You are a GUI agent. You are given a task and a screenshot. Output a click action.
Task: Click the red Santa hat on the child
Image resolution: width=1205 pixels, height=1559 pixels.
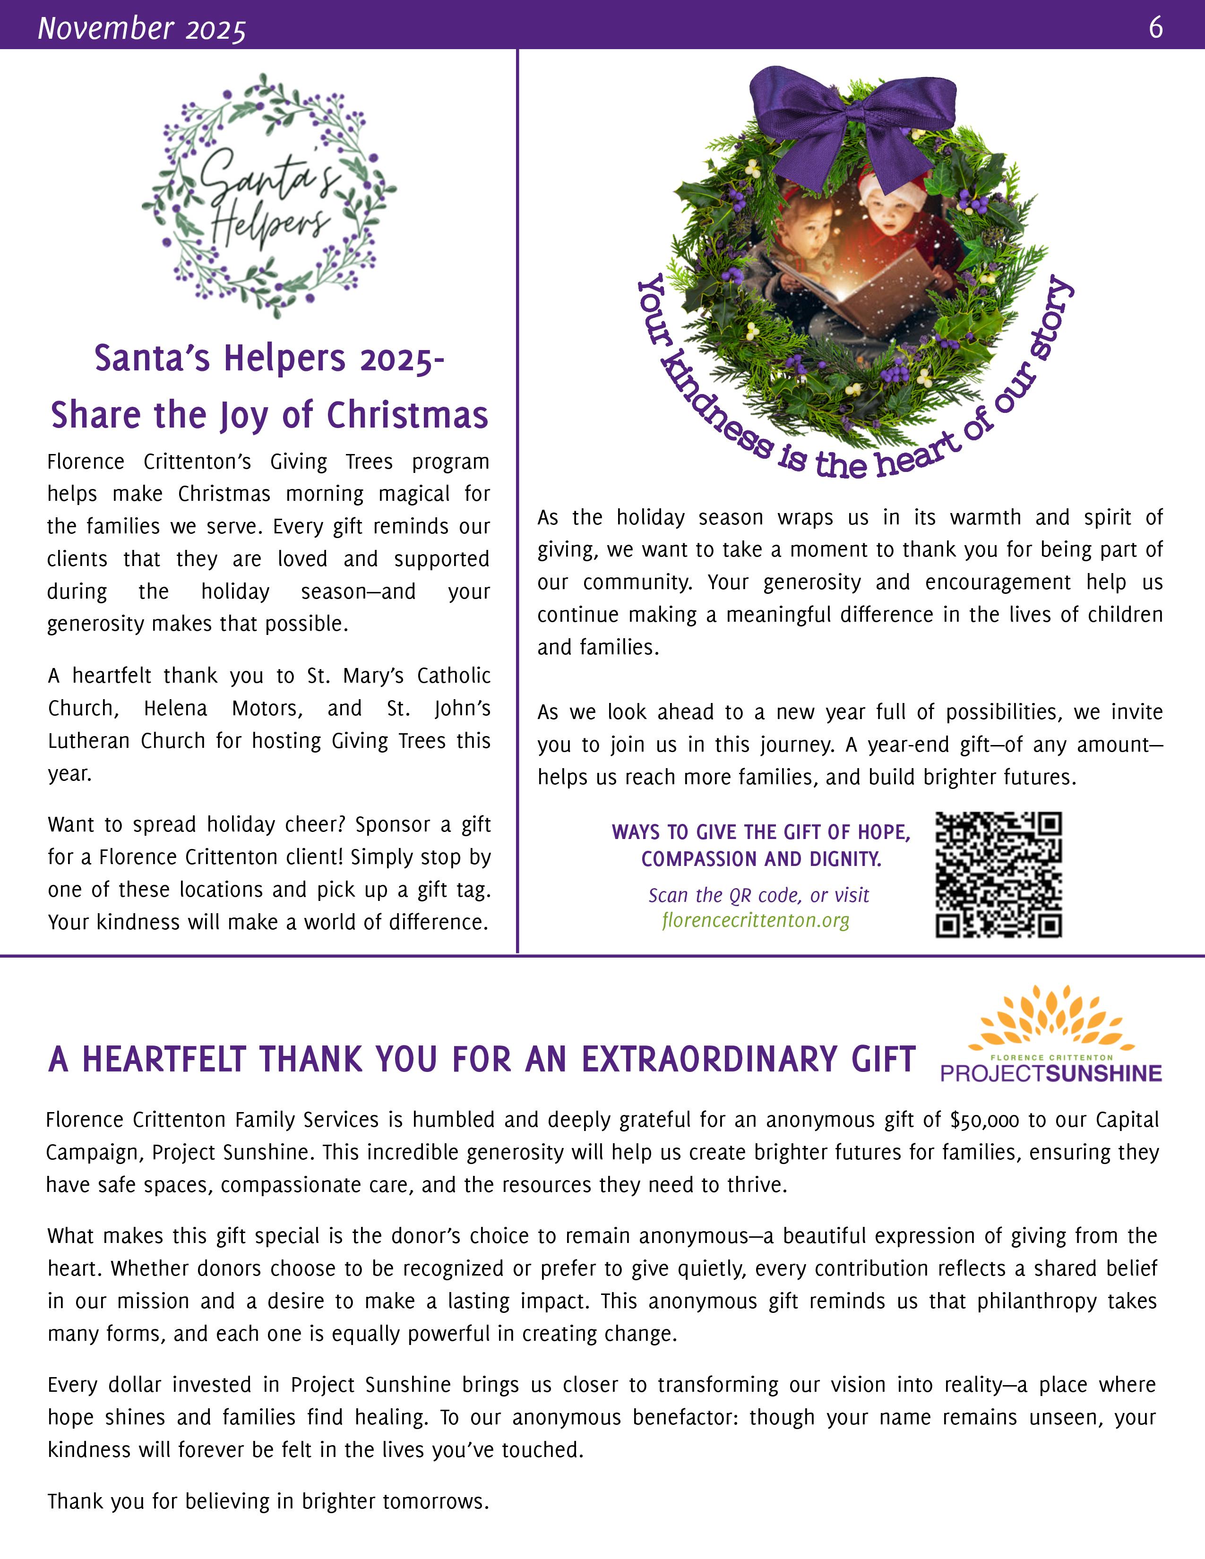point(892,187)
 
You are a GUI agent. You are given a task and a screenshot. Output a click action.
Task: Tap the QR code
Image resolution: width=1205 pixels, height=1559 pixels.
point(998,874)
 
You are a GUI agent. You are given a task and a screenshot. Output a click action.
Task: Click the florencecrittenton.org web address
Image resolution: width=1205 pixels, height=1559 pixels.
point(755,920)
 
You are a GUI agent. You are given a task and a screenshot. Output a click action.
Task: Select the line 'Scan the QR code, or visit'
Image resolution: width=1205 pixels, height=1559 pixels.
point(758,895)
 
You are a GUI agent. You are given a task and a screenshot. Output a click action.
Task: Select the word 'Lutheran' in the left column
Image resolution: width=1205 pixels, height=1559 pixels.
point(90,741)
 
